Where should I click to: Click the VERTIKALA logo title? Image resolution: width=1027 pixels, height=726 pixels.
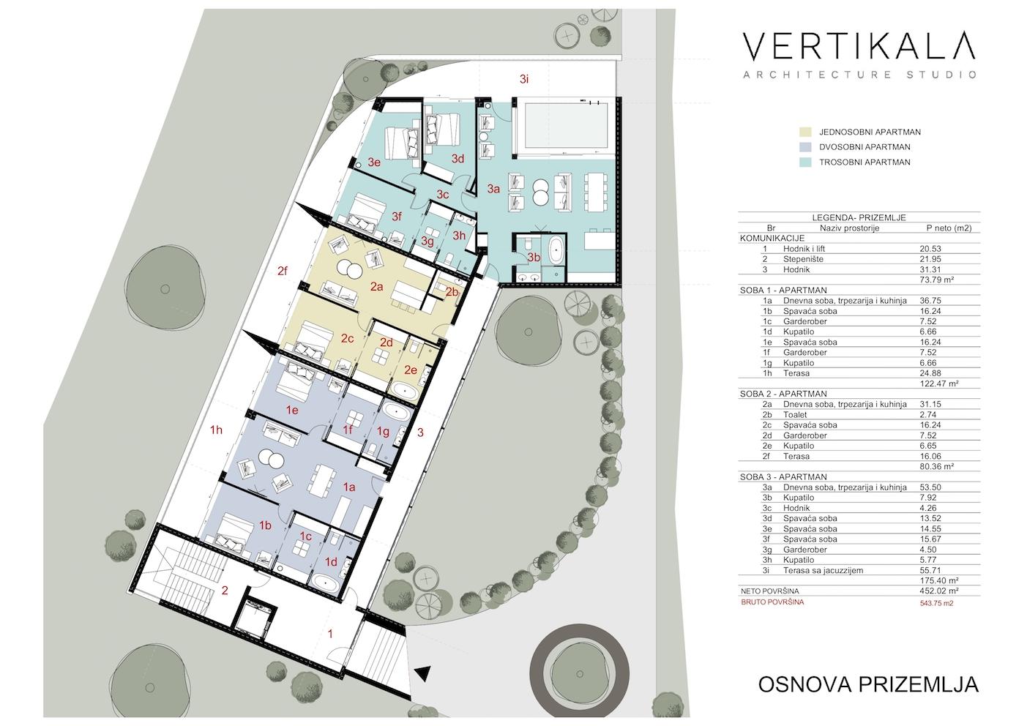[859, 46]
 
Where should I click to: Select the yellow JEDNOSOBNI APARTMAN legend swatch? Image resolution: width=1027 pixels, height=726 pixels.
[805, 132]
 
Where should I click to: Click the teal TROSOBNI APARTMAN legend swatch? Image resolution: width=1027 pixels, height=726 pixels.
[805, 162]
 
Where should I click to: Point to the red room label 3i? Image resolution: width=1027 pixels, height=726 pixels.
[525, 79]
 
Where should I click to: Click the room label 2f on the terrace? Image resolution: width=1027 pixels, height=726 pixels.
[283, 271]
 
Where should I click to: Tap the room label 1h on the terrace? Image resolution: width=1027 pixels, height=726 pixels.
[216, 430]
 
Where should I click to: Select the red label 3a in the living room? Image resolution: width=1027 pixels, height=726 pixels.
[493, 189]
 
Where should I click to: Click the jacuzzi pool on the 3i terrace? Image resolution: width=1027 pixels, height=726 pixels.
[566, 125]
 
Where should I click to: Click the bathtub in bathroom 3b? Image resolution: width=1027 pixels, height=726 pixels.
[556, 250]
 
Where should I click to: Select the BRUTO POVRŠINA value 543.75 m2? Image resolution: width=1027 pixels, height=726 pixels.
[936, 603]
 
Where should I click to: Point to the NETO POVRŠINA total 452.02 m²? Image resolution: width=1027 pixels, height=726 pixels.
[939, 591]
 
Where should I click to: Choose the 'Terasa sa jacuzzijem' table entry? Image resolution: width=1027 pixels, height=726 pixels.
[823, 571]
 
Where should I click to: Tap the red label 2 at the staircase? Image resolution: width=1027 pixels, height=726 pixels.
[225, 591]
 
